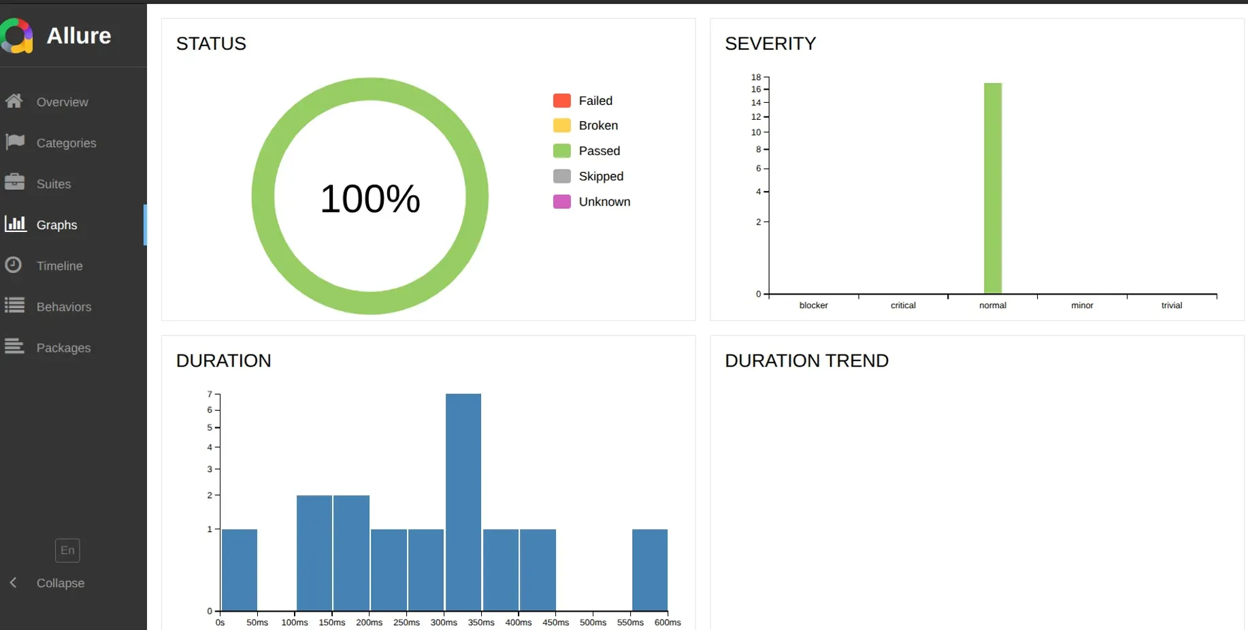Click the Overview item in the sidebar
coord(62,102)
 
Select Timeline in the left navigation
coord(59,266)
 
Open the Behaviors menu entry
coord(63,307)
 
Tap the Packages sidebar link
coord(63,348)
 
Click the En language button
coord(67,550)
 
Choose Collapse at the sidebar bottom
coord(60,583)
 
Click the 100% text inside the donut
coord(370,199)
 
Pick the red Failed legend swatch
coord(562,101)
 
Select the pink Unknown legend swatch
coord(562,202)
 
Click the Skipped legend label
coord(601,176)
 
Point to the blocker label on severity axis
coord(813,305)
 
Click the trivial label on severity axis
coord(1171,305)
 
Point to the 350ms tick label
coord(481,623)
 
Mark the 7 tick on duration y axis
coord(210,394)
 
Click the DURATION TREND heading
coord(806,361)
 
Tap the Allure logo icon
coord(17,35)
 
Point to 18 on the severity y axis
coord(756,77)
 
